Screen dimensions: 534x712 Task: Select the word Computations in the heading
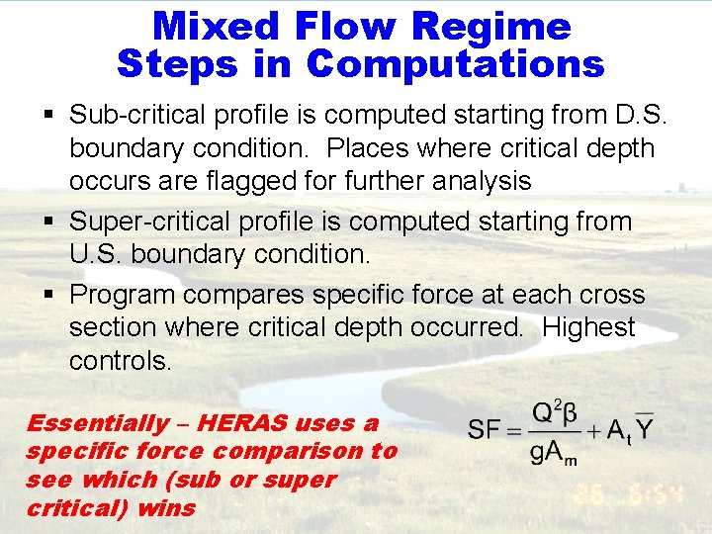[455, 63]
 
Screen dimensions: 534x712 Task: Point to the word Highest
[588, 327]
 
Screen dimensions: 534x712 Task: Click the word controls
[120, 361]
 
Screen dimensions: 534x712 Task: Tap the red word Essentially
[98, 424]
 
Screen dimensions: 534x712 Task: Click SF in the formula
[484, 429]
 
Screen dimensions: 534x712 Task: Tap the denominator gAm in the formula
[552, 454]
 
